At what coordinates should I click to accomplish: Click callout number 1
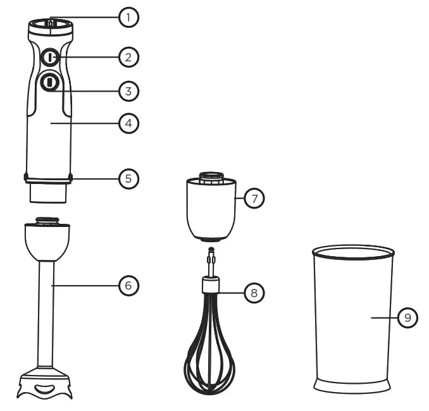point(128,17)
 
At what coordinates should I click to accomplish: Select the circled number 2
point(128,58)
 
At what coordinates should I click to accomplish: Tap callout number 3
point(128,91)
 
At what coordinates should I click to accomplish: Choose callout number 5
point(128,178)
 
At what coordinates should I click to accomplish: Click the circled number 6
point(128,286)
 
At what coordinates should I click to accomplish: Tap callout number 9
point(408,317)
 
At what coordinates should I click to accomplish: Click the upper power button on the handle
point(49,58)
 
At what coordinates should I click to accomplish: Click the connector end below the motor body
point(47,191)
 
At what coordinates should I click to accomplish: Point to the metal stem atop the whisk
point(210,262)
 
